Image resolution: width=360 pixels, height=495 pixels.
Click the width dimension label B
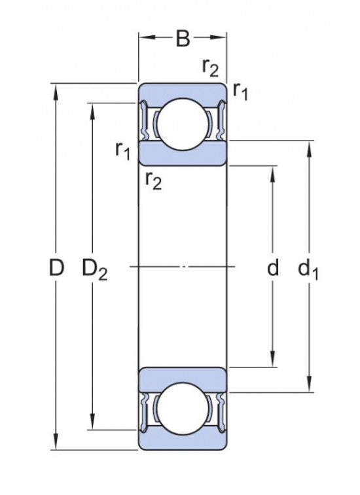(x=183, y=39)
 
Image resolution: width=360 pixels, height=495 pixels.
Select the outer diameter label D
(x=56, y=267)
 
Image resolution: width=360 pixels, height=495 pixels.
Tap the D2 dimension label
(x=94, y=269)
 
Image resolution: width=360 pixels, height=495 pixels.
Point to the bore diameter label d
(x=273, y=267)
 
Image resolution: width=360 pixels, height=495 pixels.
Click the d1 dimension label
(x=308, y=269)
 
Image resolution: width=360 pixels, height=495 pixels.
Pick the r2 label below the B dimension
(x=210, y=67)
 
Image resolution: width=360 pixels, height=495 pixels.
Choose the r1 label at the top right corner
(x=240, y=91)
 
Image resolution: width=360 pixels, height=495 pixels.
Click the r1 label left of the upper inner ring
(x=122, y=150)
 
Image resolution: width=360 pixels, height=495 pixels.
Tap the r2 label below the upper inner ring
(x=154, y=181)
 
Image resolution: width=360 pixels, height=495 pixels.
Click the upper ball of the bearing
(x=183, y=124)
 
